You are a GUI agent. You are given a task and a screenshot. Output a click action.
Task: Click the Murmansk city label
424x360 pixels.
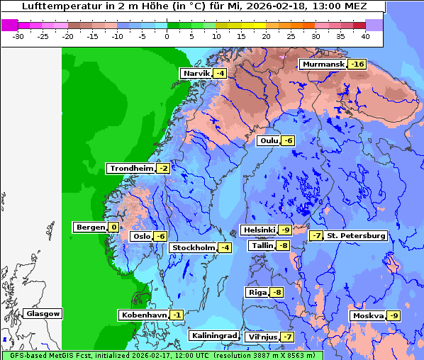[x=323, y=64]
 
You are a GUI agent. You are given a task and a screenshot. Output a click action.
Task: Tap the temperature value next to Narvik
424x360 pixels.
[x=221, y=74]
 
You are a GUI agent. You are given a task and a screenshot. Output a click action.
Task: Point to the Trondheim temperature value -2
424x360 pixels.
[x=163, y=169]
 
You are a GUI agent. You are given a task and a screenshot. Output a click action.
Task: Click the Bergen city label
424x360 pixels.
[x=89, y=227]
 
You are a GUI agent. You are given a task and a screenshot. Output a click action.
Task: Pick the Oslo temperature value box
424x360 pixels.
[x=160, y=237]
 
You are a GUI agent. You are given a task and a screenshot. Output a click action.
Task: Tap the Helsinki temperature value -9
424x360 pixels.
[x=284, y=230]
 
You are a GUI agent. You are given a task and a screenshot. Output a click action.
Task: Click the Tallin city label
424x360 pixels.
[x=262, y=246]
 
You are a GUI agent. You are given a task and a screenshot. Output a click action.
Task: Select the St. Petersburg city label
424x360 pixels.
[x=356, y=236]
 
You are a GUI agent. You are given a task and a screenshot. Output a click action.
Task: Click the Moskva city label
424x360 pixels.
[x=367, y=315]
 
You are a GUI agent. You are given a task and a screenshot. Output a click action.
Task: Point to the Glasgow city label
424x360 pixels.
[x=43, y=314]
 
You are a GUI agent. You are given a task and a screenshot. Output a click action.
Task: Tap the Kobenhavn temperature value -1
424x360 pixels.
[x=177, y=315]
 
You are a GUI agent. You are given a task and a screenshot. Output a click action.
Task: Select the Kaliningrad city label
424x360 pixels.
[x=213, y=336]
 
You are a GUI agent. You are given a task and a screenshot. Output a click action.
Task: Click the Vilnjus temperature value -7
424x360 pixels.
[x=286, y=337]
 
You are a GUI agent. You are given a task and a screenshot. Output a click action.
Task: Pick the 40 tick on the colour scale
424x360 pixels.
[x=365, y=35]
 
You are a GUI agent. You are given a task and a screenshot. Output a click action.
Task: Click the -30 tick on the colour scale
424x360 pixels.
[x=18, y=35]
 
